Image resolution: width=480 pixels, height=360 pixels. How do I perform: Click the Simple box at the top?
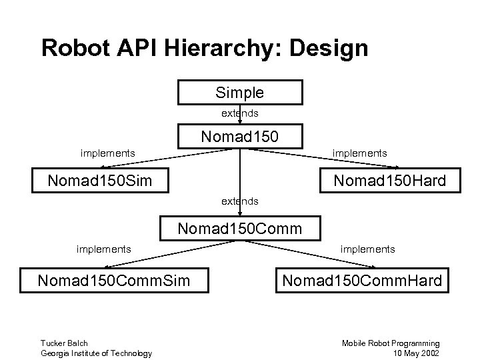(x=239, y=93)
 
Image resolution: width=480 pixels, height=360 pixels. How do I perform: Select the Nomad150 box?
(x=239, y=137)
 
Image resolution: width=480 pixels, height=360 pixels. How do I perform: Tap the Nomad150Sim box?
(x=100, y=180)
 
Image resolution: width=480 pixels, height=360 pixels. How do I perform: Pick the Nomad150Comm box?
(x=239, y=229)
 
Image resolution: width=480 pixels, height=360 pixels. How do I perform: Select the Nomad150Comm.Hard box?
(x=362, y=280)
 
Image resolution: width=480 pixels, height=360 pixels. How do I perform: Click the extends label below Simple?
(x=240, y=113)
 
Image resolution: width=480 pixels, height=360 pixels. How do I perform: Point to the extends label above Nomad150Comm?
(x=240, y=200)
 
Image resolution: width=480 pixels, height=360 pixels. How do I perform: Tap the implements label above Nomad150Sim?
(x=107, y=153)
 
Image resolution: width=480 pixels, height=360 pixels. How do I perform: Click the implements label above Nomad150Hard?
(x=359, y=153)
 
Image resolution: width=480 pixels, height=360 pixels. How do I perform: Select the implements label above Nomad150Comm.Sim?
(x=103, y=249)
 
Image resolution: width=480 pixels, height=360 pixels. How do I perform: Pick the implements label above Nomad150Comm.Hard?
(x=367, y=249)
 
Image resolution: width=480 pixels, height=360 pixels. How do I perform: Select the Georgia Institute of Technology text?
(x=96, y=353)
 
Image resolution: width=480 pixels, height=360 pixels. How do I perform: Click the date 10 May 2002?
(x=417, y=353)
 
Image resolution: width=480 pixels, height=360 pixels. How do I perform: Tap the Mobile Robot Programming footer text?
(x=391, y=343)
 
